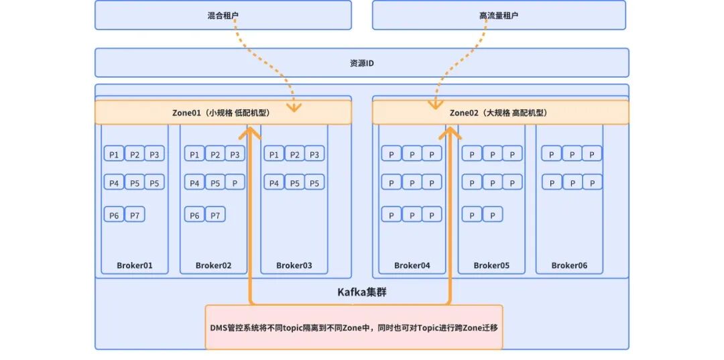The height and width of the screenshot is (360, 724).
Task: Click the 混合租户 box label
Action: click(x=223, y=15)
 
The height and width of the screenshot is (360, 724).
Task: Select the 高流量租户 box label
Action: click(x=499, y=15)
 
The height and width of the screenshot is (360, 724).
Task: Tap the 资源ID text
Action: click(x=361, y=63)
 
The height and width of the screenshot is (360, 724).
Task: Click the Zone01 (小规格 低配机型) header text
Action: click(x=221, y=113)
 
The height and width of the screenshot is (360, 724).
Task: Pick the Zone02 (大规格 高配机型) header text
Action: click(x=499, y=113)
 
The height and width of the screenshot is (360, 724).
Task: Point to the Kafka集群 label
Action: click(x=361, y=292)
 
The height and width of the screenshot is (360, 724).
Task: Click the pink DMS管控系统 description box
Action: click(x=354, y=327)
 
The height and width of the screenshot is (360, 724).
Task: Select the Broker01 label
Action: click(x=134, y=265)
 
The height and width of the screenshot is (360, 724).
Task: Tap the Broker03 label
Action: click(x=294, y=265)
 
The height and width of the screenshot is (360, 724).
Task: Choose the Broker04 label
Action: click(x=412, y=265)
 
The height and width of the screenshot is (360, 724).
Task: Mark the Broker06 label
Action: click(x=569, y=265)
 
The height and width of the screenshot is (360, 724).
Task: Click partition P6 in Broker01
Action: click(x=114, y=214)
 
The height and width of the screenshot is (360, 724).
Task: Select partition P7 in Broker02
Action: click(x=215, y=214)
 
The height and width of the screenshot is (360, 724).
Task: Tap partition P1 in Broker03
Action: click(x=274, y=154)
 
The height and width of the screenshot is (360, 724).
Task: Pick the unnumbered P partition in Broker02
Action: click(x=235, y=182)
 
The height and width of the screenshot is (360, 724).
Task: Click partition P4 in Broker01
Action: click(x=114, y=182)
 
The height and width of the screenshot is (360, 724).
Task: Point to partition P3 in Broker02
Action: click(x=235, y=154)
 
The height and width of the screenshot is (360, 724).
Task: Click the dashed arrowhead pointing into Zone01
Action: click(x=294, y=107)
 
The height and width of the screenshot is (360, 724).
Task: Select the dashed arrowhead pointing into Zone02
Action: click(x=434, y=105)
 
